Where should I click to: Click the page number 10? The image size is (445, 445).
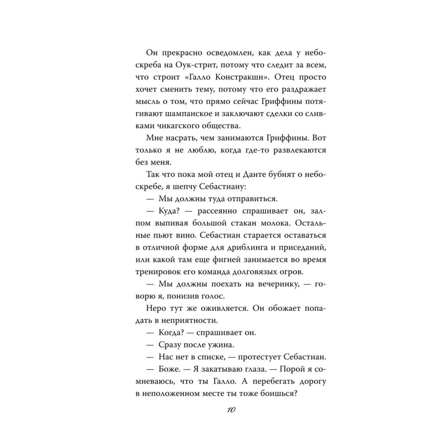pos(231,410)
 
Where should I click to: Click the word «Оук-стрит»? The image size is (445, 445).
pos(194,65)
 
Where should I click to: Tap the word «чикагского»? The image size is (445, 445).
pos(185,126)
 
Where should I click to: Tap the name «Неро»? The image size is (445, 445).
pos(156,308)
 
